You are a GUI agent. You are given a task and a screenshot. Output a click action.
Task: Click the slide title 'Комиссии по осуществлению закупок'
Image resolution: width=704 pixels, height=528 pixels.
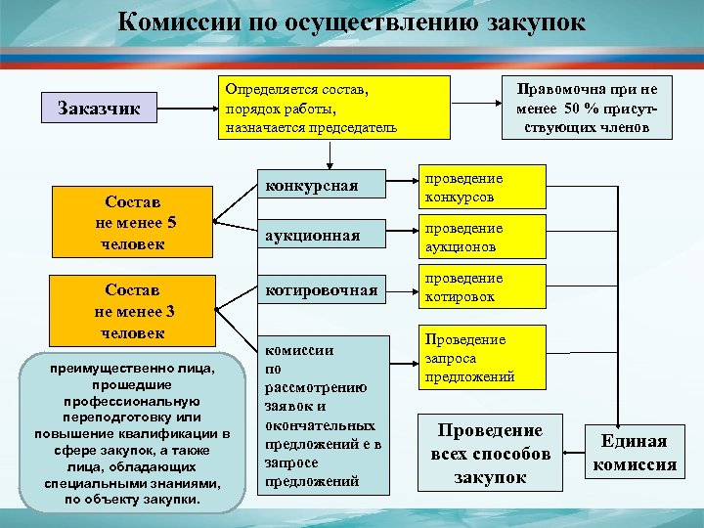352,22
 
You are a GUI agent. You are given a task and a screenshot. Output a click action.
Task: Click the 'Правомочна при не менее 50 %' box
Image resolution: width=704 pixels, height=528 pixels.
587,108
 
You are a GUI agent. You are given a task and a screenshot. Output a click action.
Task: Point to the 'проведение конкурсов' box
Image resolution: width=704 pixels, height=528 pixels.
480,188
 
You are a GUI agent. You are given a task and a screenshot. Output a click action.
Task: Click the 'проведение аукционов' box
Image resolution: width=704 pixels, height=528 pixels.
480,238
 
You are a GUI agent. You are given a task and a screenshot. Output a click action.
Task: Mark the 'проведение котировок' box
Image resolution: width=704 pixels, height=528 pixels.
480,287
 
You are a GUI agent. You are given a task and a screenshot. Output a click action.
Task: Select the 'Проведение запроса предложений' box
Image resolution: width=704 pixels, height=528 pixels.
480,358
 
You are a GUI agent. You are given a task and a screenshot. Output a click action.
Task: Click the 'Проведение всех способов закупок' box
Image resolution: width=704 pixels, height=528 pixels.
490,454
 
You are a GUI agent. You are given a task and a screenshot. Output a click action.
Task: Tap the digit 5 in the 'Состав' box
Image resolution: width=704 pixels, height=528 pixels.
172,222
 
